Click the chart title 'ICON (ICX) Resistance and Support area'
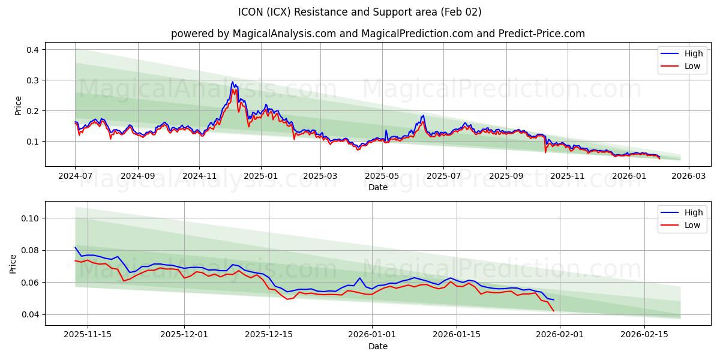click(360, 12)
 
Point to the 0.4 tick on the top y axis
click(32, 50)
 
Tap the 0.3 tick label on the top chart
click(32, 80)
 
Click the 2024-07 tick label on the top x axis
click(75, 176)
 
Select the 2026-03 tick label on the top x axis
click(688, 176)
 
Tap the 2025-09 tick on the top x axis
click(506, 176)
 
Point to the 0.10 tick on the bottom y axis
click(30, 218)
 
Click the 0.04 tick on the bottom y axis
click(30, 314)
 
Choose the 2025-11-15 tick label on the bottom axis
click(88, 335)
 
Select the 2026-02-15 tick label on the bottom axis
click(644, 335)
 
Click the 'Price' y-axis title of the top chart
click(18, 106)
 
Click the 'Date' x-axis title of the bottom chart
click(377, 346)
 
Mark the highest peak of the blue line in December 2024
click(233, 82)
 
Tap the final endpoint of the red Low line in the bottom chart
click(553, 311)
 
